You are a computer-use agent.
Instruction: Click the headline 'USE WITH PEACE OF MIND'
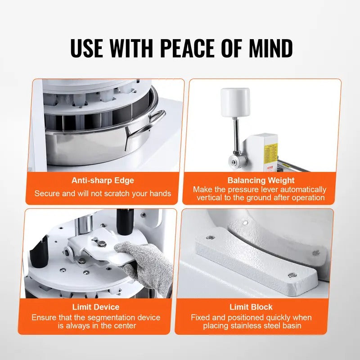[x=181, y=48]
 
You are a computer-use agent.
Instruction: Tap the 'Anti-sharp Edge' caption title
[x=103, y=180]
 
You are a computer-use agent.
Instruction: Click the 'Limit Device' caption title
[x=95, y=307]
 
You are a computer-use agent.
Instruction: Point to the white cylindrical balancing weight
[x=235, y=103]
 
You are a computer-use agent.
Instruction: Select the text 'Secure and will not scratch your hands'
[x=103, y=193]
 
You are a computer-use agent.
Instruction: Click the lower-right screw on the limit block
[x=292, y=274]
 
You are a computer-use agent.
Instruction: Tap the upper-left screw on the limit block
[x=209, y=237]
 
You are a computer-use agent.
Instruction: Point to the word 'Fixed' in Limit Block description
[x=201, y=317]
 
